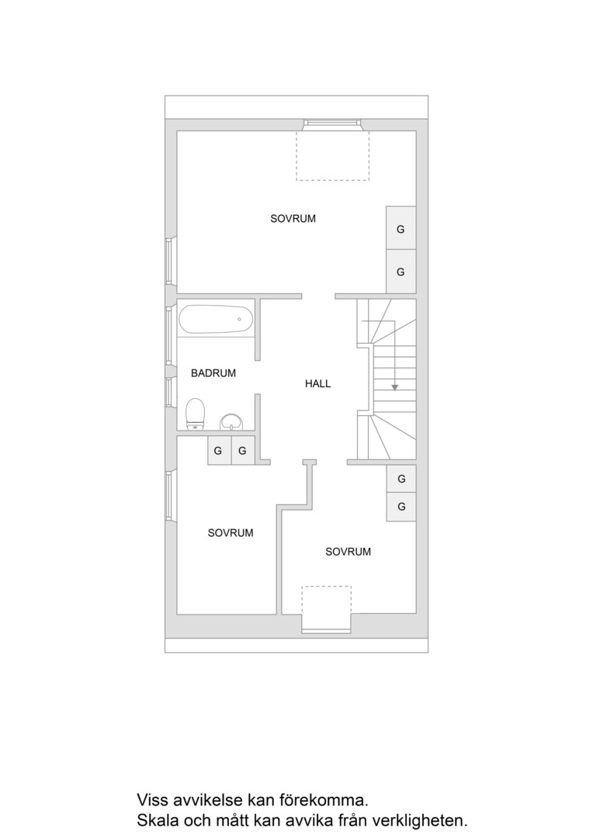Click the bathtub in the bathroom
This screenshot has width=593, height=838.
pos(216,319)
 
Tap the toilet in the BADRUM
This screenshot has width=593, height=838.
pos(195,414)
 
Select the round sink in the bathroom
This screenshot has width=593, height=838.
pos(231,422)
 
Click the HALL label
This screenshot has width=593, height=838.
pos(317,383)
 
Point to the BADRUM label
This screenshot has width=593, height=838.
pos(213,373)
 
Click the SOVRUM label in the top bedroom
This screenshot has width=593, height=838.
pos(293,219)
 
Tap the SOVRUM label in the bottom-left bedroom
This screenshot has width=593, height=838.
pos(231,533)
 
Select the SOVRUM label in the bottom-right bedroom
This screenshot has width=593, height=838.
pos(348,552)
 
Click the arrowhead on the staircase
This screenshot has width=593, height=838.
pos(394,386)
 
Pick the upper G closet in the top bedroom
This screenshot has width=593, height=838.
pos(401,228)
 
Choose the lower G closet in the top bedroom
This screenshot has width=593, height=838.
pos(401,272)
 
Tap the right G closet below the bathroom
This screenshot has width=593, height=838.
pos(243,451)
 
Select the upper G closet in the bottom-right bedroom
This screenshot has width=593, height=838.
pos(401,478)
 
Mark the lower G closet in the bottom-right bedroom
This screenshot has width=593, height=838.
pos(401,506)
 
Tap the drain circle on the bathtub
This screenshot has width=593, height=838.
pos(239,320)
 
